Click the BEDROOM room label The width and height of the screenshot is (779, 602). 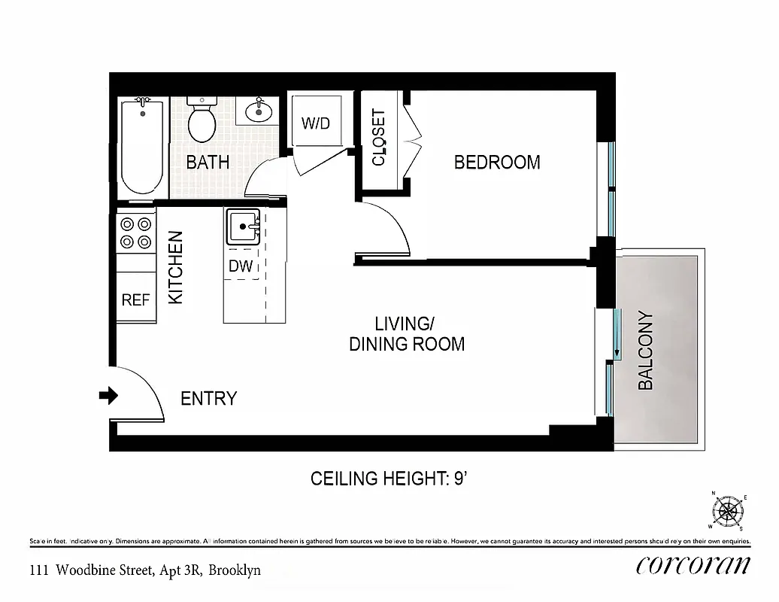click(497, 162)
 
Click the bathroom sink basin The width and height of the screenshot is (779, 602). click(259, 112)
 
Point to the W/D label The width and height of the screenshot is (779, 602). click(316, 123)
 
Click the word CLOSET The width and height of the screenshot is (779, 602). click(379, 138)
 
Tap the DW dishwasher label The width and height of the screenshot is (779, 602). click(241, 266)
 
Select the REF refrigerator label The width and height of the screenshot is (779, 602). click(136, 300)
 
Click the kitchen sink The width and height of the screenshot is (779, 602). click(243, 226)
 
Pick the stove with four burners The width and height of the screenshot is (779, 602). click(136, 233)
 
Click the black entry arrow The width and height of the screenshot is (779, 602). click(109, 395)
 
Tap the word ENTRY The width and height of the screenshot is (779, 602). click(209, 398)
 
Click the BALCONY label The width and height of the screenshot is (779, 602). click(646, 351)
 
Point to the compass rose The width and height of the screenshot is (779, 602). click(727, 511)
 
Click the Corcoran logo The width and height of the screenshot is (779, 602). click(693, 565)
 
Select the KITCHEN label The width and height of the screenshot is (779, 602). click(175, 267)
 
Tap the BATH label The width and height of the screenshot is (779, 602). click(208, 162)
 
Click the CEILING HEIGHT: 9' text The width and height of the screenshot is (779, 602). click(390, 479)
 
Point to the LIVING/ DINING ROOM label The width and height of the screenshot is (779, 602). click(406, 334)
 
